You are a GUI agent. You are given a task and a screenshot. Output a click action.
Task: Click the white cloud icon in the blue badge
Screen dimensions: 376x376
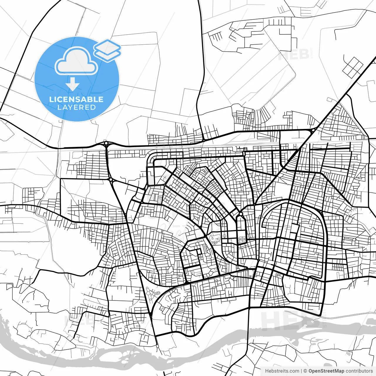(x=76, y=61)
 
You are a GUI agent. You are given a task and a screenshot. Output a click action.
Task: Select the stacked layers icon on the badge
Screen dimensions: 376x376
(x=107, y=50)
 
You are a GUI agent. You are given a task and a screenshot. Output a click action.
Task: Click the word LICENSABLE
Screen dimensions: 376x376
(x=76, y=99)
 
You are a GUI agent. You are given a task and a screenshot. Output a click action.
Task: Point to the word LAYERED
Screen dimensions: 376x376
(x=76, y=108)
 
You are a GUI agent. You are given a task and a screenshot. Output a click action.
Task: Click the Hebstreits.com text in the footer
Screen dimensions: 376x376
(x=282, y=371)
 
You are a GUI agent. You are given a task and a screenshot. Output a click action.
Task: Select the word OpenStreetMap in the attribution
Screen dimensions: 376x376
(x=326, y=371)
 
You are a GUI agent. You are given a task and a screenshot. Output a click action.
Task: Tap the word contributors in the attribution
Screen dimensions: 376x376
(x=359, y=371)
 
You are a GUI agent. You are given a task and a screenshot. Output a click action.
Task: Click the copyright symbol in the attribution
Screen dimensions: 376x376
(x=305, y=371)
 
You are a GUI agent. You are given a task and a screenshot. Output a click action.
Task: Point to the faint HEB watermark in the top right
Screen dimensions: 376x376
(x=294, y=55)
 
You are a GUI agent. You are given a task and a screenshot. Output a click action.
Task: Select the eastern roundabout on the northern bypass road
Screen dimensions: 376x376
(x=313, y=130)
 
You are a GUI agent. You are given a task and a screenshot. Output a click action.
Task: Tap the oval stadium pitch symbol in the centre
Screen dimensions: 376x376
(x=242, y=239)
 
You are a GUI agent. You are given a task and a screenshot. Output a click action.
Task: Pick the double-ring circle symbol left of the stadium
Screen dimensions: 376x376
(x=225, y=236)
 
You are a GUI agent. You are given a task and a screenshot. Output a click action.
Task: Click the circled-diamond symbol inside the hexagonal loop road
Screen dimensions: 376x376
(x=201, y=257)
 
